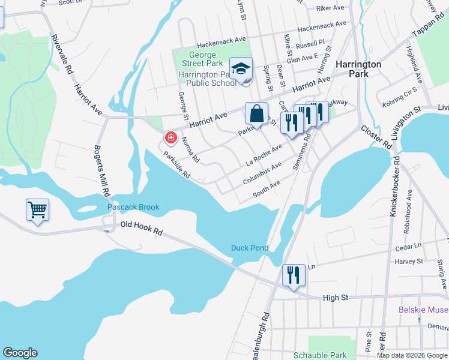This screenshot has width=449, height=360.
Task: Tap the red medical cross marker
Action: coord(170,139)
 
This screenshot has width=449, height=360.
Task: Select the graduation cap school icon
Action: coord(241,69)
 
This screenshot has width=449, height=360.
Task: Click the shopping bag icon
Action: coord(256,113)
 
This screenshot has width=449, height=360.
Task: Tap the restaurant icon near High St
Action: coord(294,275)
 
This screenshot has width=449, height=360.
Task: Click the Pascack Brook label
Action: coord(133,208)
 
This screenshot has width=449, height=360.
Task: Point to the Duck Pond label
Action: coord(249,248)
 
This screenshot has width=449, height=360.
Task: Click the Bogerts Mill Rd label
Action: coord(101,171)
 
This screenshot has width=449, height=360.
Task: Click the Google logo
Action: coord(20,353)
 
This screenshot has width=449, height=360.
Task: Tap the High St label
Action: coord(335,298)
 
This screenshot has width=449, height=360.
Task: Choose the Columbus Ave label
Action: coord(262,173)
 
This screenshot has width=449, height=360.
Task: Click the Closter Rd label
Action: coord(376,137)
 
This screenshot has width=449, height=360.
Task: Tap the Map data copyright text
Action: coord(412,355)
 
